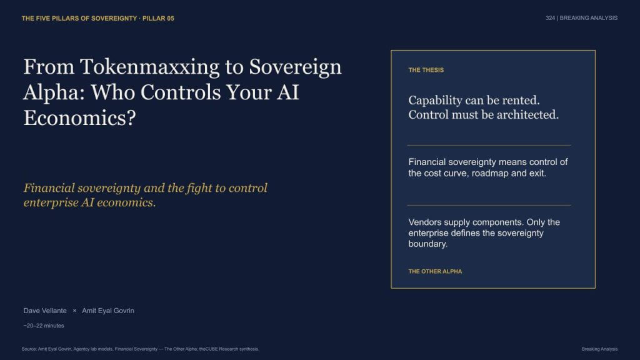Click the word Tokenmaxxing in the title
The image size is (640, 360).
click(150, 67)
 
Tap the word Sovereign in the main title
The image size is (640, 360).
click(295, 67)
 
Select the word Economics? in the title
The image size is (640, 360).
click(79, 118)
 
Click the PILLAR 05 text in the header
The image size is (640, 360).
click(158, 18)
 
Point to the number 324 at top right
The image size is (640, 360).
click(550, 18)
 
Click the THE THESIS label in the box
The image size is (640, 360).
click(426, 70)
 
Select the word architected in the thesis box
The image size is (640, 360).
click(526, 115)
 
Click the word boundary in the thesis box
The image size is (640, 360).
click(427, 244)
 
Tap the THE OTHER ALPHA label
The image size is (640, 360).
click(435, 271)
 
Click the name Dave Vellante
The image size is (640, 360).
click(45, 311)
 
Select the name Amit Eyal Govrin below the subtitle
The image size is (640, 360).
click(107, 311)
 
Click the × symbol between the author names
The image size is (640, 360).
click(74, 311)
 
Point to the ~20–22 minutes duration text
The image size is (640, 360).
click(44, 326)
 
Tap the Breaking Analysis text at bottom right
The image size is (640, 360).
click(599, 349)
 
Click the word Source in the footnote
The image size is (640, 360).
click(29, 349)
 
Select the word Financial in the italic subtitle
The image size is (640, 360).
click(49, 188)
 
